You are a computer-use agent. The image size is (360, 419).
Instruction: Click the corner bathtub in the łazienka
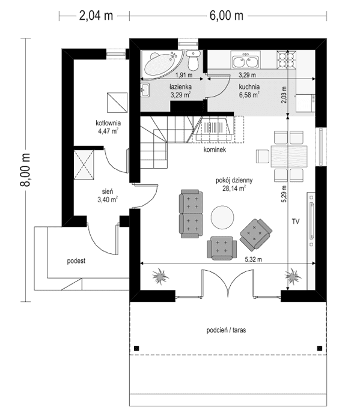157,65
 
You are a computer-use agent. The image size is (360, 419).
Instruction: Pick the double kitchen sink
246,60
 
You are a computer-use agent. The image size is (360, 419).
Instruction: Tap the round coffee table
222,217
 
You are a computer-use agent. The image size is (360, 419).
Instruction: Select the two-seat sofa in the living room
191,214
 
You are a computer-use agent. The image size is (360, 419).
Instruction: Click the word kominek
213,149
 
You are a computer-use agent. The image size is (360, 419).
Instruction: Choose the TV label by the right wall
295,222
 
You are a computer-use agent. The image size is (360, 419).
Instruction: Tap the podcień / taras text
227,330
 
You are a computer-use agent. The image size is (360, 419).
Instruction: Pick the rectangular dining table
289,155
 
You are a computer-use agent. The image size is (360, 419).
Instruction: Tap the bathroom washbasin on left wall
145,91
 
